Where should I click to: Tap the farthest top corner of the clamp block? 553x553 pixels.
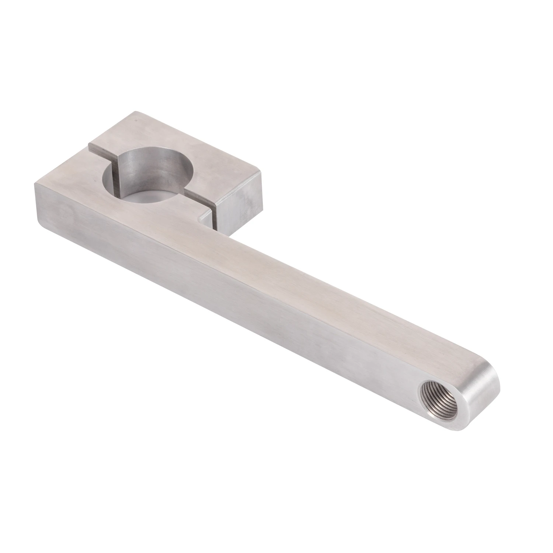tap(137, 111)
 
